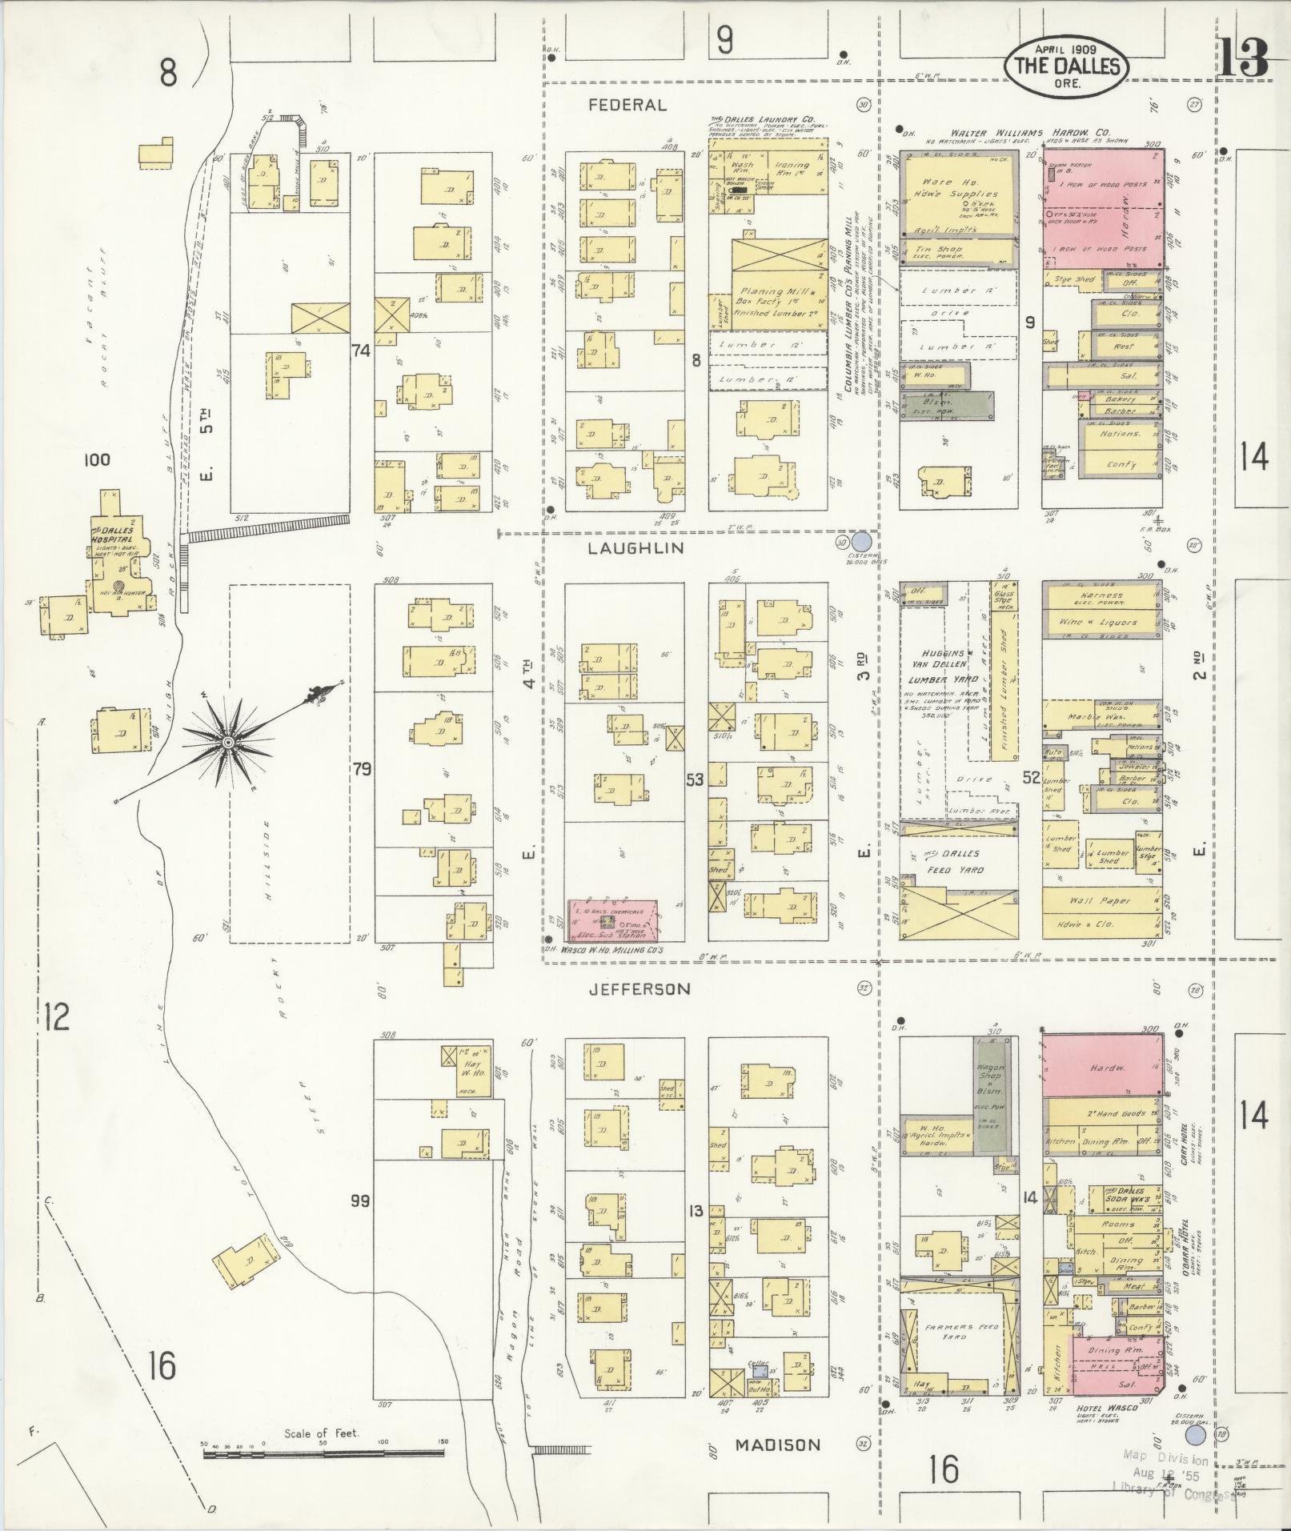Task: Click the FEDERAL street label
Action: (x=627, y=105)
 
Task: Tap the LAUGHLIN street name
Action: (x=636, y=548)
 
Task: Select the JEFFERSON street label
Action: (x=639, y=989)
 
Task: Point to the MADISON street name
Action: (x=778, y=1445)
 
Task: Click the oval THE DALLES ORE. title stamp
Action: (x=1066, y=67)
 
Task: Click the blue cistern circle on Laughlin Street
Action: (x=862, y=542)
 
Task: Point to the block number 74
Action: (x=362, y=350)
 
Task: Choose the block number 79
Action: (x=362, y=770)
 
